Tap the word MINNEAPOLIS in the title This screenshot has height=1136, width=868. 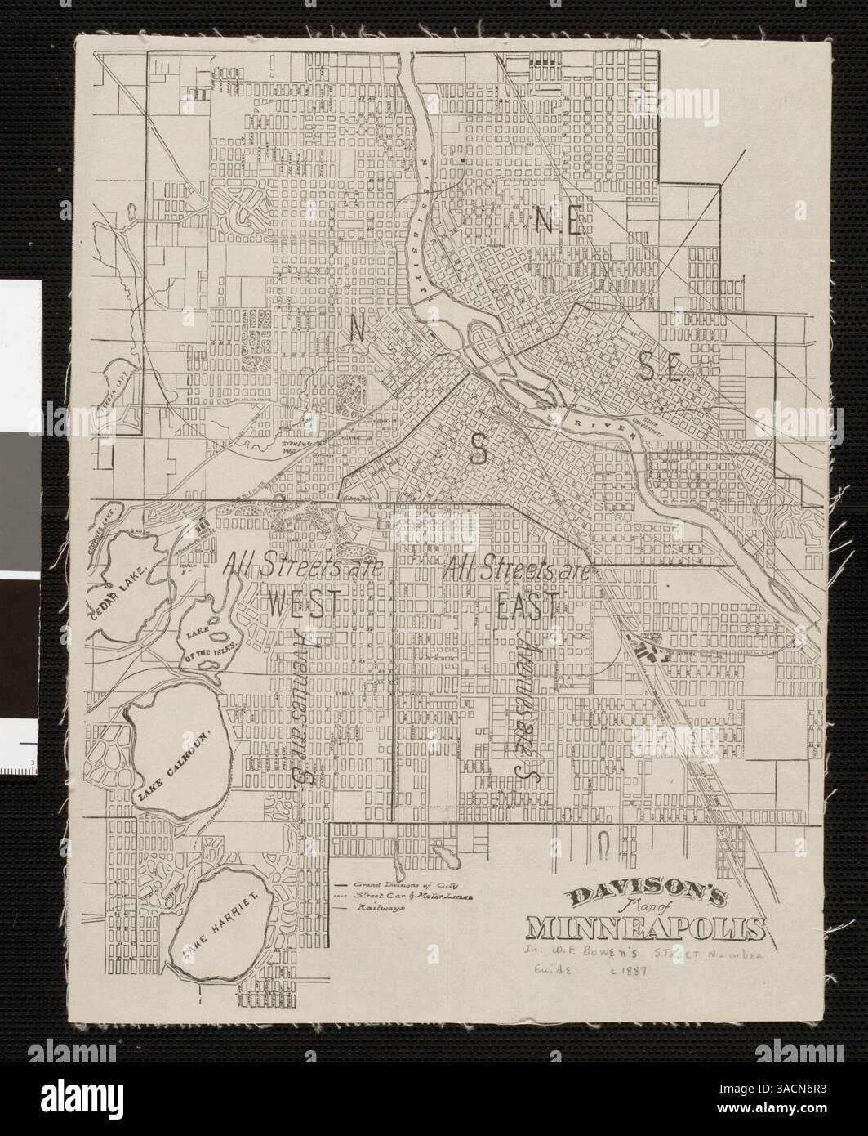tap(647, 930)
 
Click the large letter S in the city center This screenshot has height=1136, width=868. tap(479, 447)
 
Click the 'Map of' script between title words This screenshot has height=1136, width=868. tap(620, 914)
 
